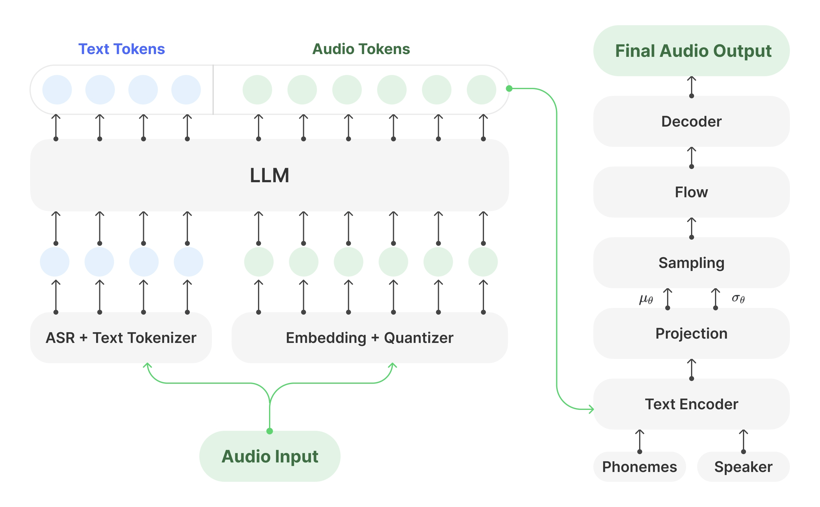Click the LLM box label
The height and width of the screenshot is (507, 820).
(x=269, y=175)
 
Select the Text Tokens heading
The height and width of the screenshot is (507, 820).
(x=121, y=49)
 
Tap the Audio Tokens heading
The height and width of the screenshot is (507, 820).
(x=361, y=49)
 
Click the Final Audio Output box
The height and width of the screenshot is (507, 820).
(x=691, y=51)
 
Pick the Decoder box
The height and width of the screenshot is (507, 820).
(x=691, y=121)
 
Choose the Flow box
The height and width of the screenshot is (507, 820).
(x=691, y=192)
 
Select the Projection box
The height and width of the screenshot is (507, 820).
(x=691, y=333)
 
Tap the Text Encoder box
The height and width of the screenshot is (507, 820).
(x=691, y=404)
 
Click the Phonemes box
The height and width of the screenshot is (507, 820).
(x=639, y=466)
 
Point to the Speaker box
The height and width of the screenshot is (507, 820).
(x=743, y=466)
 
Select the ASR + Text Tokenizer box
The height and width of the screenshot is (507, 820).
(x=121, y=337)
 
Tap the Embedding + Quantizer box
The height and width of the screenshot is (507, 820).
(x=369, y=337)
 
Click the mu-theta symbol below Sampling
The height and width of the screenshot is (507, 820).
(x=646, y=298)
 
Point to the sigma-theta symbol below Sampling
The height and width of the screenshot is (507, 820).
(x=738, y=298)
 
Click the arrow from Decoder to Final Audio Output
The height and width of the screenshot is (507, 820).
(x=691, y=87)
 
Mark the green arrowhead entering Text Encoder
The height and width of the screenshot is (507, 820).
(x=591, y=409)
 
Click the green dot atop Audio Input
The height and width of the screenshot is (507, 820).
(x=269, y=431)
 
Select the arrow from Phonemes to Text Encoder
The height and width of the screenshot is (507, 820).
(x=639, y=441)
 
